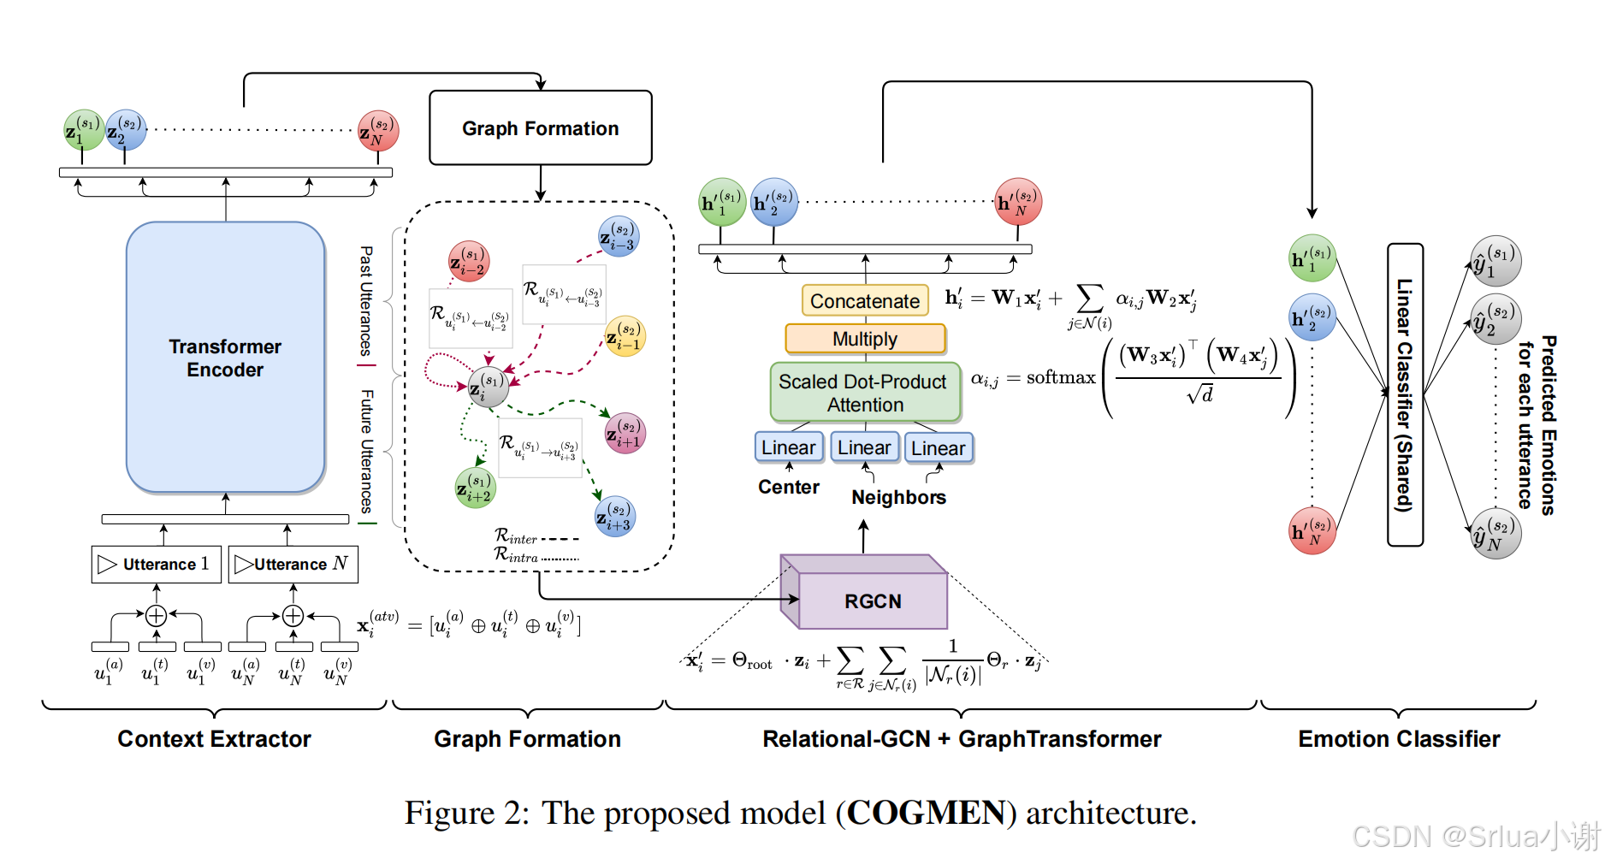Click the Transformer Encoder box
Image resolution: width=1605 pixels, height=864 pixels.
click(x=225, y=358)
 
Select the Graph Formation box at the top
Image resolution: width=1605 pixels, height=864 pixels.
click(x=540, y=128)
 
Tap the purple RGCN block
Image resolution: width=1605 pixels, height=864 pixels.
click(x=872, y=601)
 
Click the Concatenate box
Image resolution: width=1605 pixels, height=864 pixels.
click(x=864, y=301)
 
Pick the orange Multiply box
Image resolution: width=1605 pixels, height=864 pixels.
click(x=864, y=339)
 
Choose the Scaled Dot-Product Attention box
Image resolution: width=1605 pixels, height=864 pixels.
click(x=864, y=394)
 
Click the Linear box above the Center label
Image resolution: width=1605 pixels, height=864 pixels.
click(x=788, y=447)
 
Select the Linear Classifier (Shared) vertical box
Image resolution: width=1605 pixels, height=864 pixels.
click(x=1404, y=395)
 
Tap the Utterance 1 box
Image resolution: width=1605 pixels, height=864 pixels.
click(x=156, y=565)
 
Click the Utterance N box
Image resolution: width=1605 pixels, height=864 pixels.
click(x=293, y=565)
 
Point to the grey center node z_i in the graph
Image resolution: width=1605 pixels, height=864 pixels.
click(x=489, y=387)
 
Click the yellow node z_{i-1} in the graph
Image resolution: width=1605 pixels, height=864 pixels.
click(x=625, y=336)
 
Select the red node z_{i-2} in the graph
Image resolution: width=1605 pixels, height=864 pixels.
click(x=469, y=261)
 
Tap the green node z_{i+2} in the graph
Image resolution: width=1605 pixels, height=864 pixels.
click(x=476, y=488)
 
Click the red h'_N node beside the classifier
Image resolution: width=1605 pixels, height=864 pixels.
click(x=1312, y=531)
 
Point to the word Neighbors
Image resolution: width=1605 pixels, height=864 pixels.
click(x=898, y=498)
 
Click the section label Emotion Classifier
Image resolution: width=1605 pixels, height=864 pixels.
click(x=1398, y=739)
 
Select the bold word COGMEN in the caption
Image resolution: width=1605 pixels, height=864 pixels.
click(x=926, y=813)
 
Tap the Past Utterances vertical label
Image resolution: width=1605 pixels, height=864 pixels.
click(x=366, y=301)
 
